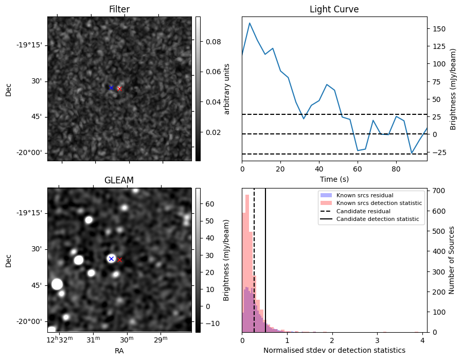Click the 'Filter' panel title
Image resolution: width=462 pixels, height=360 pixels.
(119, 9)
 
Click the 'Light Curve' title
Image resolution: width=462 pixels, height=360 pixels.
(334, 9)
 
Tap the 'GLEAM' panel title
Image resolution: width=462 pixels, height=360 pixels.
(119, 180)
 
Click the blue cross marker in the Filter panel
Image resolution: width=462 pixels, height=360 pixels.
(111, 88)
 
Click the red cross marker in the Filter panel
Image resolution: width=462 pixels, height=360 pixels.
(119, 89)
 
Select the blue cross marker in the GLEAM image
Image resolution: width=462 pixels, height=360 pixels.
(111, 259)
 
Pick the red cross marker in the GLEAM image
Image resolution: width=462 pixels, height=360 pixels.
(120, 260)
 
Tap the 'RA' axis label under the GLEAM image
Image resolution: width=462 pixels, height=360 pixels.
(119, 351)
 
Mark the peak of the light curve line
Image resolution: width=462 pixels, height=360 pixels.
(250, 23)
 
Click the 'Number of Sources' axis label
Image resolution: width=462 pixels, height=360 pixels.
(452, 260)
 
